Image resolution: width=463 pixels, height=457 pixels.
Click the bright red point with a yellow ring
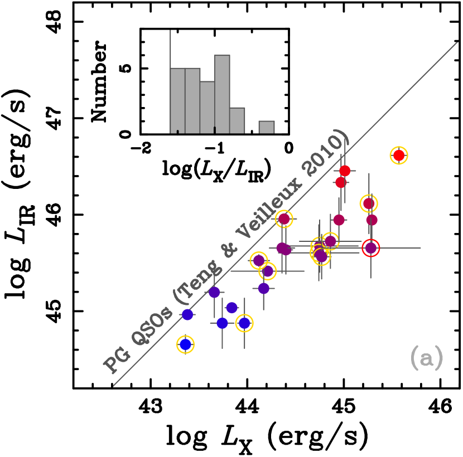tap(399, 155)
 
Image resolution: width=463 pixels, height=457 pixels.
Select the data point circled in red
tap(371, 248)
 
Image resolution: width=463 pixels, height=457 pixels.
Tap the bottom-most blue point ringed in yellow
tap(185, 344)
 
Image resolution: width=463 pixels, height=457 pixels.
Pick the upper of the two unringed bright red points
tap(345, 171)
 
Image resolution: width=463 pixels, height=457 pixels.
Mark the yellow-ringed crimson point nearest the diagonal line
tap(284, 219)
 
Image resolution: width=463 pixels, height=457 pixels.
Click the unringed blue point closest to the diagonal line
tap(187, 314)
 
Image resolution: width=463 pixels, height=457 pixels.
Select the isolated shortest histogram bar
tap(267, 127)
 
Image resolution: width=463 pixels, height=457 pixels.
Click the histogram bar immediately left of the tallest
tap(208, 107)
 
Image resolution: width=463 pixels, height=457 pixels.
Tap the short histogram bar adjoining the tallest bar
tap(237, 120)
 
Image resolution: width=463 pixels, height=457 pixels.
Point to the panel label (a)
tap(427, 357)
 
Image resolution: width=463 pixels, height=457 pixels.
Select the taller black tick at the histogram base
tap(215, 130)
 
